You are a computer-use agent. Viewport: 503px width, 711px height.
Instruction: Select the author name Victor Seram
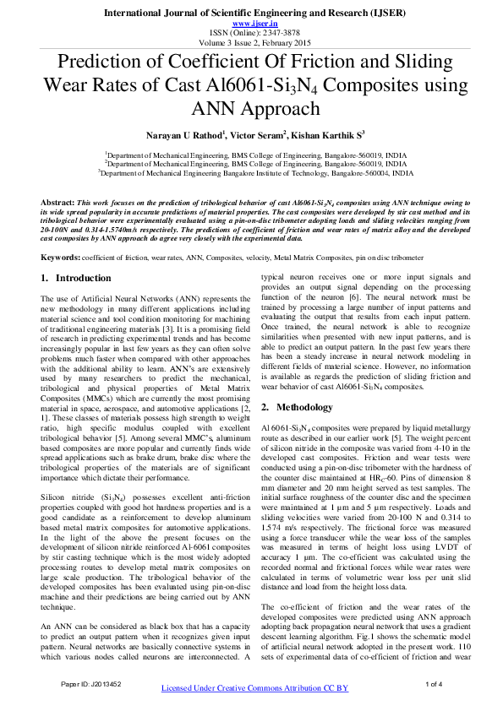click(x=260, y=133)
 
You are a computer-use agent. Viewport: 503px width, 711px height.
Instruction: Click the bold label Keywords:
click(x=61, y=256)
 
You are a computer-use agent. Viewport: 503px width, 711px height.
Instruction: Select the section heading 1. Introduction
click(x=76, y=278)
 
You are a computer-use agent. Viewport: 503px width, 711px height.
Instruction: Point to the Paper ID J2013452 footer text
click(x=90, y=683)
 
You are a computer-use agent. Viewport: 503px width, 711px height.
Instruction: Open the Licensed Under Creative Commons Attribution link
click(x=254, y=689)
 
